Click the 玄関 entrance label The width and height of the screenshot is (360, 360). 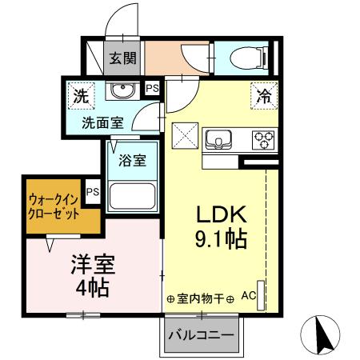124,58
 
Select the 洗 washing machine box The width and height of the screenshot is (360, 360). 80,97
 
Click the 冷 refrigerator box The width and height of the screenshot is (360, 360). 263,96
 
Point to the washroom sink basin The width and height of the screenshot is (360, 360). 122,90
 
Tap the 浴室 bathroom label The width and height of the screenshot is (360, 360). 133,159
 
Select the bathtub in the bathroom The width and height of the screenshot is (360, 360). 132,197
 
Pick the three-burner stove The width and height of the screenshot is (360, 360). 263,141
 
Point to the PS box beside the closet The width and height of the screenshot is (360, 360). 93,191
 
